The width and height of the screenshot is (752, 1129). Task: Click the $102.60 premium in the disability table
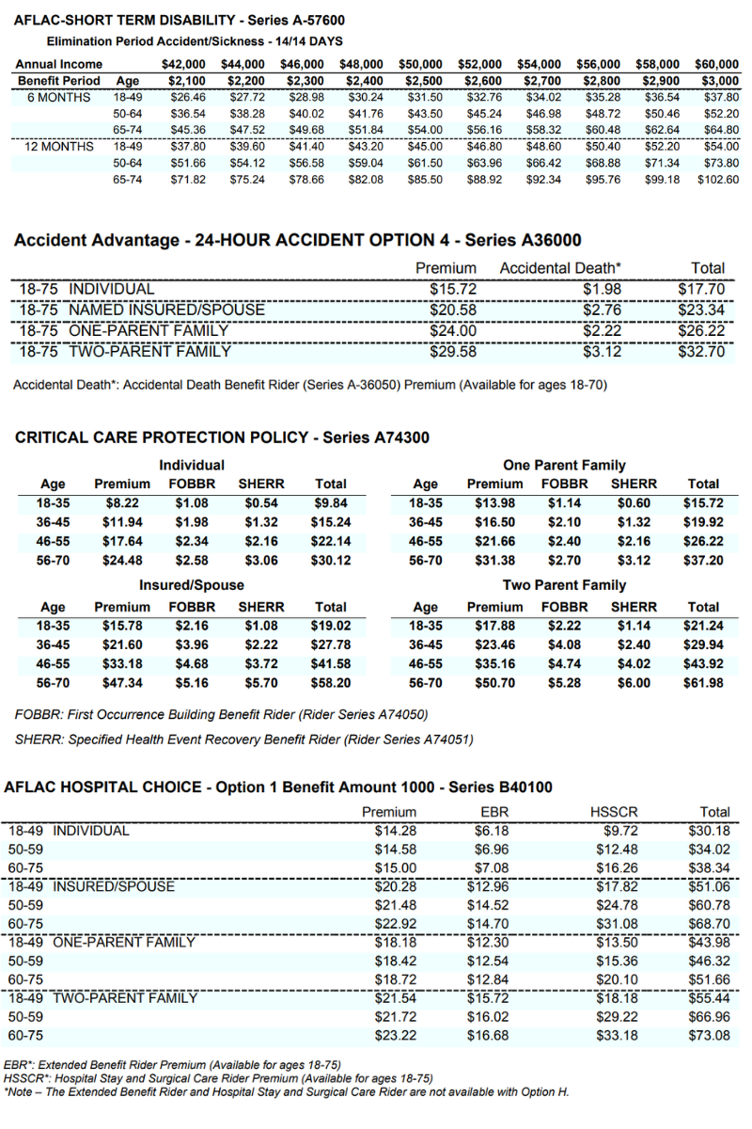(x=718, y=180)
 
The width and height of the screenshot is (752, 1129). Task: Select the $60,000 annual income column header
(x=716, y=64)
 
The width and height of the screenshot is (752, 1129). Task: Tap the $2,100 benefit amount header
(x=183, y=81)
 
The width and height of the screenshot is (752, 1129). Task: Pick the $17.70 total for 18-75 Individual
(x=700, y=290)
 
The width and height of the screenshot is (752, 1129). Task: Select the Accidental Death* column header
(x=560, y=269)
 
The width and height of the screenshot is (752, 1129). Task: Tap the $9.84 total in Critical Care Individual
(x=329, y=503)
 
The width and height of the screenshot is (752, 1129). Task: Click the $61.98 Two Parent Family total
(x=704, y=683)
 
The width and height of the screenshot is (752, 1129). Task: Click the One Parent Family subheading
(x=564, y=465)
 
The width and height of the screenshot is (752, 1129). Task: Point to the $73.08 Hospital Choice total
(x=709, y=1035)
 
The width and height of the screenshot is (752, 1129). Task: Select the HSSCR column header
(x=613, y=812)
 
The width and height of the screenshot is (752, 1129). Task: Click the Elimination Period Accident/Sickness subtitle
(x=195, y=41)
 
